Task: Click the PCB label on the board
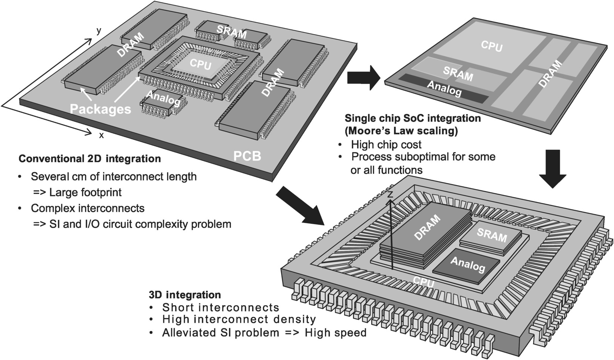point(247,155)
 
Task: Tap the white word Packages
point(100,109)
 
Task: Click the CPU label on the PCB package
point(200,64)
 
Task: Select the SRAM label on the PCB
point(231,32)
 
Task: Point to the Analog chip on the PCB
point(163,99)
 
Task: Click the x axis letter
point(101,135)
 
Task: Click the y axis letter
point(99,31)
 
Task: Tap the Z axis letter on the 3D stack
point(390,194)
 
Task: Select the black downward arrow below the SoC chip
point(552,169)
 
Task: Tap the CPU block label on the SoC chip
point(491,46)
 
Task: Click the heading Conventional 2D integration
point(90,159)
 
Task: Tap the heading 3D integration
point(185,295)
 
